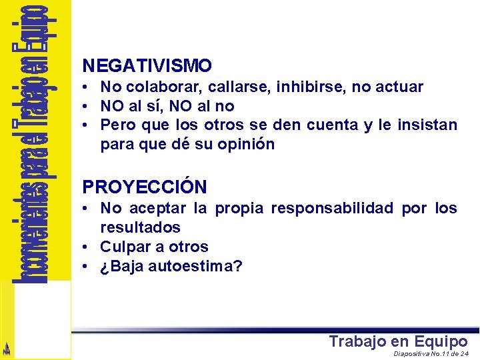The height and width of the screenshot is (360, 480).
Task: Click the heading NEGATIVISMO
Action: [x=147, y=66]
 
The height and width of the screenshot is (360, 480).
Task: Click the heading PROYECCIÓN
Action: [x=145, y=187]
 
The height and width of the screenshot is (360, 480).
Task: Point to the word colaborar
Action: [x=163, y=87]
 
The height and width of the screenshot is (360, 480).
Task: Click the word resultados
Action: [x=140, y=228]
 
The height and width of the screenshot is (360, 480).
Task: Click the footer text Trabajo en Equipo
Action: [x=398, y=342]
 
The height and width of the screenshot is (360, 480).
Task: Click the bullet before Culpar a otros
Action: [x=87, y=247]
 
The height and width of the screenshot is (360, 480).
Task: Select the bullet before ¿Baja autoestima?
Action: [x=87, y=267]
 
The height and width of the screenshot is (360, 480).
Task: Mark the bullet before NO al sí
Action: [x=87, y=106]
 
